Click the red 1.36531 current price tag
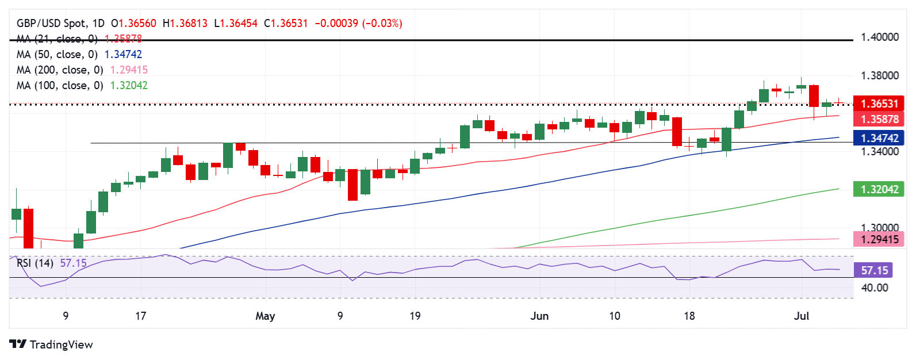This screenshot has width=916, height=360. point(879,104)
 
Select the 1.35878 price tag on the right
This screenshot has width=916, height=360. point(879,119)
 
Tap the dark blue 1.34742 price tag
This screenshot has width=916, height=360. point(879,138)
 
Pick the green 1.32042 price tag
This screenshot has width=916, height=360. point(879,189)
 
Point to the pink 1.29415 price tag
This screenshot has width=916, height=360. point(879,239)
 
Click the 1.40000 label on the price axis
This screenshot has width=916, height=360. point(879,37)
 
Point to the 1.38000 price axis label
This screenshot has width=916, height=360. point(879,76)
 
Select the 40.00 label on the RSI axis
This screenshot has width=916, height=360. point(874,288)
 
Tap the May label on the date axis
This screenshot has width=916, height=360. point(265,316)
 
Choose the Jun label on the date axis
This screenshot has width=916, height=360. point(539,316)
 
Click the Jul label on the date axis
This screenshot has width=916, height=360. point(801,316)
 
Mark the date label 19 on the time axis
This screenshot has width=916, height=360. point(415,316)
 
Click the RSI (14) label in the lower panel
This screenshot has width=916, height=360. point(35,263)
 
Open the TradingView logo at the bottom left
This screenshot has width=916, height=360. point(51,344)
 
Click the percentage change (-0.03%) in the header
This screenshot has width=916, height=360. point(382,24)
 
